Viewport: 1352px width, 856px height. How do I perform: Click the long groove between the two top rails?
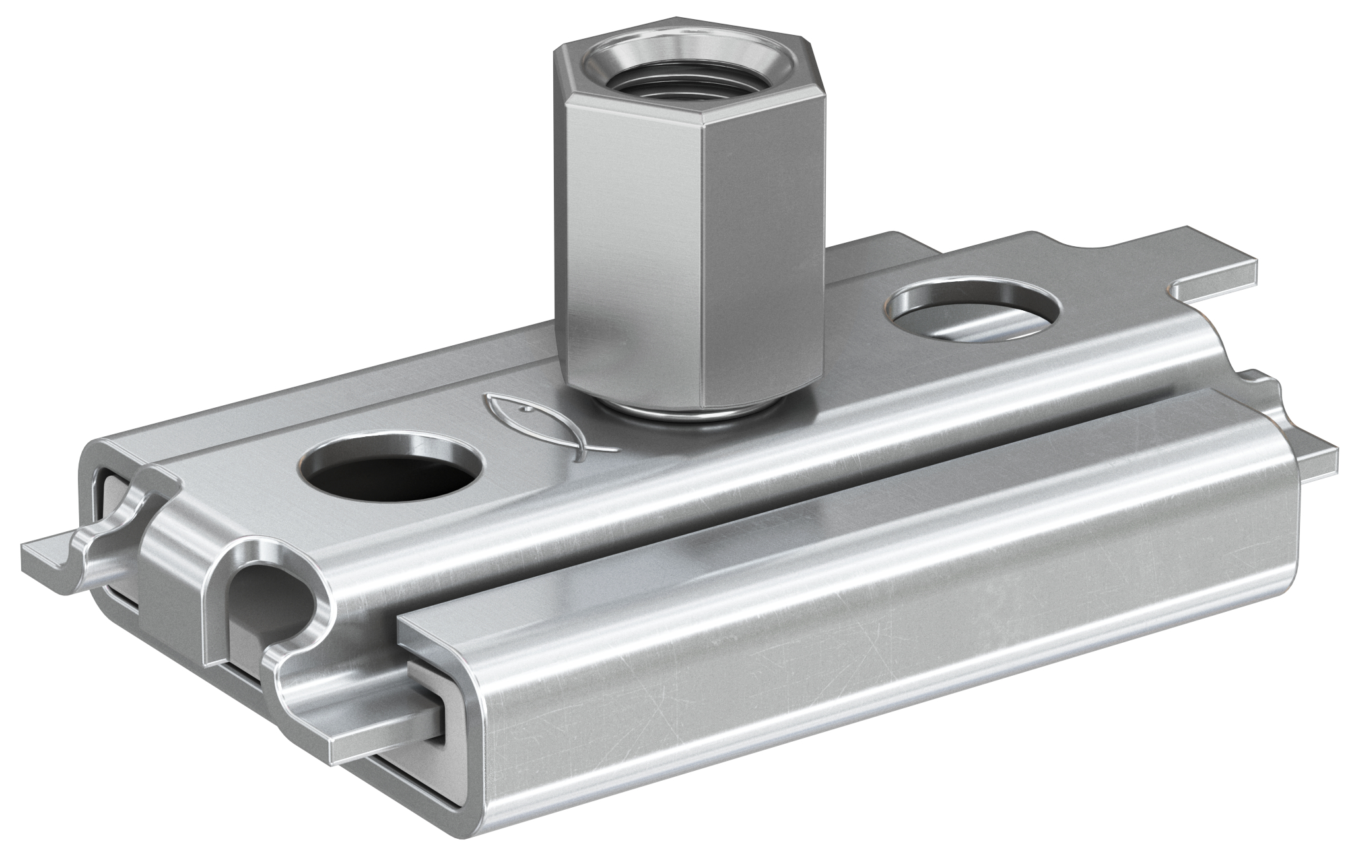click(x=726, y=521)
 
